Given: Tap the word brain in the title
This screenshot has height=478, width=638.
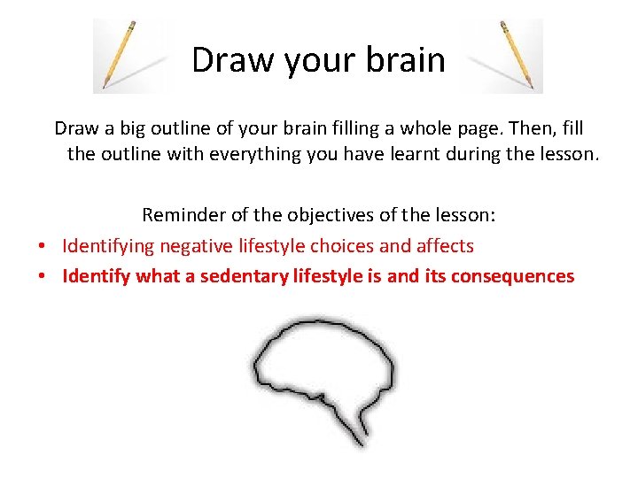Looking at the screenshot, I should tap(408, 60).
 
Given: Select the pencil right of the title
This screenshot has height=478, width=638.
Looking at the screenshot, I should tap(517, 55).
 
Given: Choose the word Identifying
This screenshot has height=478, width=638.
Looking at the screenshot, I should tap(108, 246).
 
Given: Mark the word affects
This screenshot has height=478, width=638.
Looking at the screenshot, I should tap(442, 246).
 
